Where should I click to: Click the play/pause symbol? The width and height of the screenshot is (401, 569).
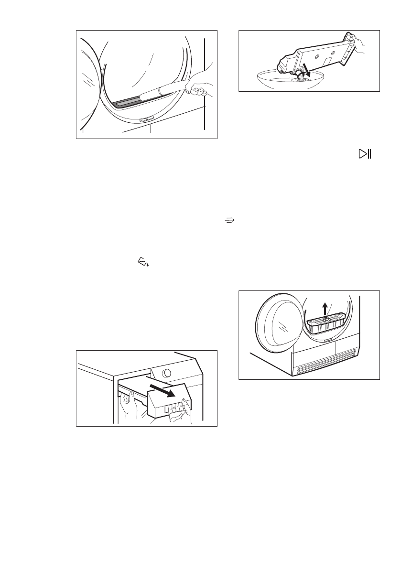[x=366, y=154]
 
